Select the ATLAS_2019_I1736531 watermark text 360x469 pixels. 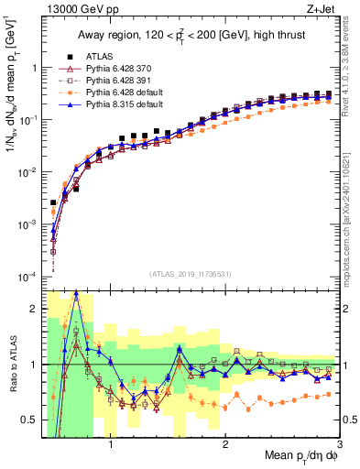click(x=190, y=272)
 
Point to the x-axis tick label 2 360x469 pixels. click(x=225, y=447)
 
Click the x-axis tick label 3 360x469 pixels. click(x=339, y=447)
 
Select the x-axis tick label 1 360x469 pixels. click(x=111, y=447)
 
